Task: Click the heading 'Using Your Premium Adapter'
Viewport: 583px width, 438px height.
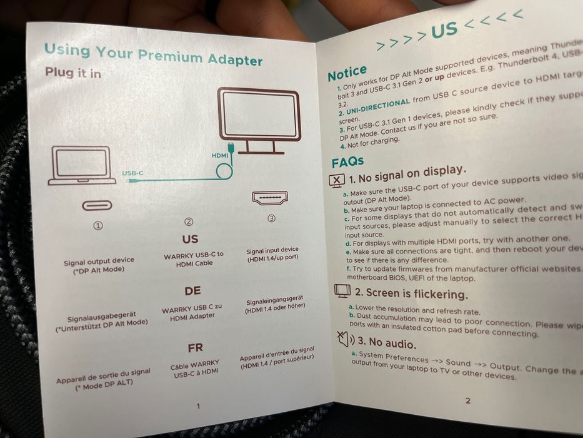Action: click(153, 55)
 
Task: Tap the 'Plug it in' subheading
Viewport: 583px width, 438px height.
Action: click(72, 73)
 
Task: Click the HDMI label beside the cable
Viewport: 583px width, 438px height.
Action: click(221, 153)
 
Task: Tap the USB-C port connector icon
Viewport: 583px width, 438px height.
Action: click(97, 205)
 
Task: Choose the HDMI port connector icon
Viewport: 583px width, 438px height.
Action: click(269, 198)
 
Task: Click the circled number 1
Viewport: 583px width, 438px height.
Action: click(98, 226)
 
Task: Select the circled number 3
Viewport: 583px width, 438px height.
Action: click(271, 218)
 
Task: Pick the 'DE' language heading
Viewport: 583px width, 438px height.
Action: click(192, 292)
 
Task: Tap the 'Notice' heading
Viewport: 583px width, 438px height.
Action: click(347, 74)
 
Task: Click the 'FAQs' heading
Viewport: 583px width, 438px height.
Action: click(348, 163)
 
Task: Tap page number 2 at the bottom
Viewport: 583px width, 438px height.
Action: click(467, 400)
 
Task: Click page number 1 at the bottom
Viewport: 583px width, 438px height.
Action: click(198, 405)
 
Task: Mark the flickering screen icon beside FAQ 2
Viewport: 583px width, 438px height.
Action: click(342, 290)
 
